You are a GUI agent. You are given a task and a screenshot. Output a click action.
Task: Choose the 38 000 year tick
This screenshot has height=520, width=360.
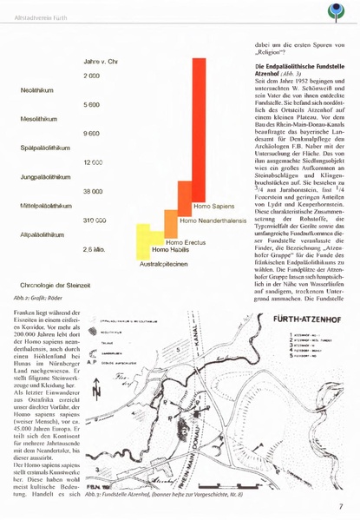click(94, 191)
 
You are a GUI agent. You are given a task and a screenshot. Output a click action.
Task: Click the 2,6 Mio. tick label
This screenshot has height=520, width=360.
click(95, 250)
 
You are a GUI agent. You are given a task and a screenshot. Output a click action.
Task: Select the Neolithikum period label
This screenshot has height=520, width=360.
click(36, 90)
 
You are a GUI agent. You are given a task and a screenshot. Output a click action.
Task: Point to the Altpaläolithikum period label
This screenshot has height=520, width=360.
click(41, 234)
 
